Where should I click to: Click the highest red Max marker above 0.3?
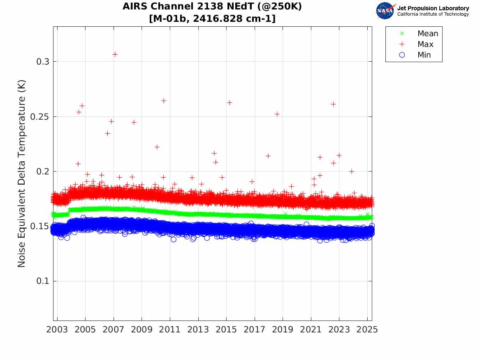point(115,54)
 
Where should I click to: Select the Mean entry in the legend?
point(427,34)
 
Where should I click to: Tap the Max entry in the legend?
point(425,44)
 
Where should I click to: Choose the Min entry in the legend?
point(424,55)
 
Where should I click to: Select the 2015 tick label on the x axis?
point(226,330)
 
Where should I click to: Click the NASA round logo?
point(385,11)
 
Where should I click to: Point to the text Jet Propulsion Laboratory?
point(433,8)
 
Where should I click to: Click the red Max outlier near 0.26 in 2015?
point(230,102)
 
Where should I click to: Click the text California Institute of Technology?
point(433,14)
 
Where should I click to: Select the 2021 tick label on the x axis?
point(311,330)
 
